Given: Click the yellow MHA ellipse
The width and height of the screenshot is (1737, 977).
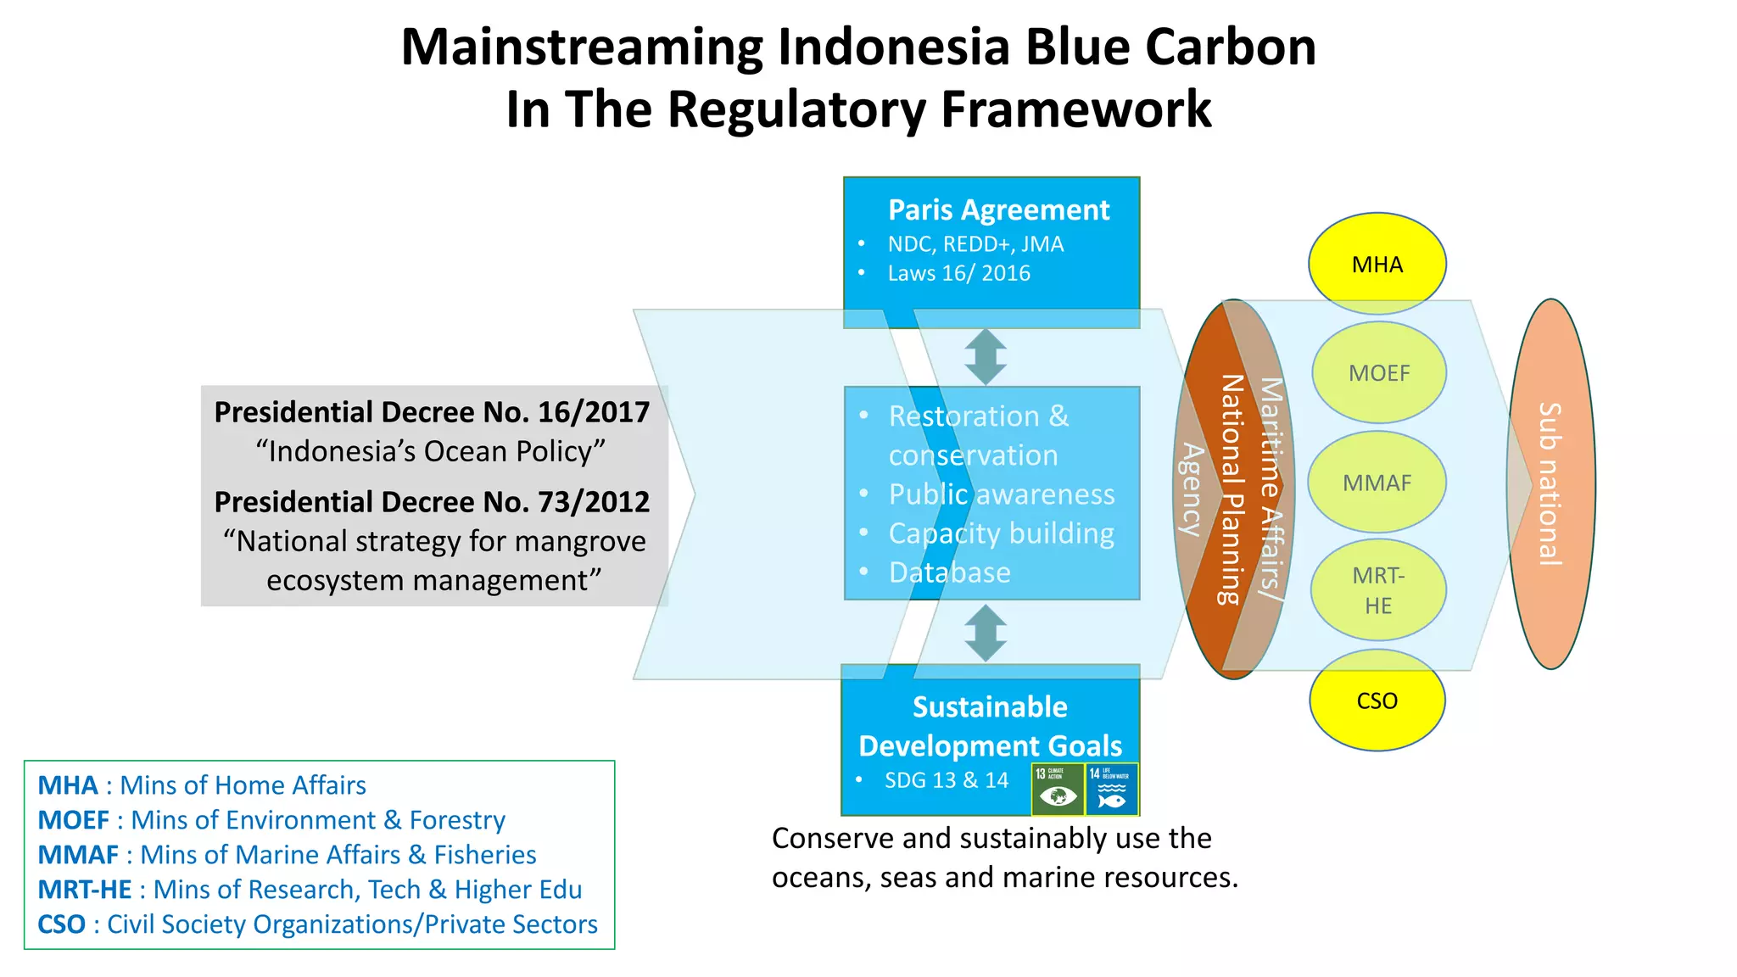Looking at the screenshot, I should coord(1377,264).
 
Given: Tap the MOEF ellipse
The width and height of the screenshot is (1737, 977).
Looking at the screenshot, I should coord(1378,372).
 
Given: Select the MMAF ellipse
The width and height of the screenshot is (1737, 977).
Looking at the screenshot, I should coord(1377,483).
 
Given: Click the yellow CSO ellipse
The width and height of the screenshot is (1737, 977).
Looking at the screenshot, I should coord(1377,701).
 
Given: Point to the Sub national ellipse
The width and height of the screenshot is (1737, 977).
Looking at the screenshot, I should coord(1550,483).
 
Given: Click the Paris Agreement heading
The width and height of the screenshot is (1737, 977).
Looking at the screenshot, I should coord(998,209).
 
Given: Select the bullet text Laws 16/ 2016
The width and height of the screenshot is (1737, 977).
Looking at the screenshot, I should coord(958,273).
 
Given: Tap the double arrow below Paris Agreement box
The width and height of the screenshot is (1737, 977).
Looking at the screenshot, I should coord(986,357).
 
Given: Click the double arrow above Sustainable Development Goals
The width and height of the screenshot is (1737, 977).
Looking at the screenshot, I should coord(986,633).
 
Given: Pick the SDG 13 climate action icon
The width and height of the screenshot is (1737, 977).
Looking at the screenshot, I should coord(1058,789).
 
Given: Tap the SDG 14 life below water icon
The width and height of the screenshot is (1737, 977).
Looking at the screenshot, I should coord(1112,789).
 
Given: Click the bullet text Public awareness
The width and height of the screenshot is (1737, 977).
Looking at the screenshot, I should coord(1001,494).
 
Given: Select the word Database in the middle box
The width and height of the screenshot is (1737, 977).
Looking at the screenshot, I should coord(949,572).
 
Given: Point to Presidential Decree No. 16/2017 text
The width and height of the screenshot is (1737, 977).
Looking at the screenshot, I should coord(432,412).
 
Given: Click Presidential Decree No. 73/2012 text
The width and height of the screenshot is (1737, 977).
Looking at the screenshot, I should coord(432,502).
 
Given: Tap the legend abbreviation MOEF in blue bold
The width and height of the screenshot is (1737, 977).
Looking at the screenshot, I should coord(74,820).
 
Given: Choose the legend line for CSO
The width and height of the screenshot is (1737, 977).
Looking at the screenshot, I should coord(317,924).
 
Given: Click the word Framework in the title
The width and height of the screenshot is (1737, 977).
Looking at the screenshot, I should coord(1076,109).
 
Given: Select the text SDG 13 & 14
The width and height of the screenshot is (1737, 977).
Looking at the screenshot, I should coord(946,780).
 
